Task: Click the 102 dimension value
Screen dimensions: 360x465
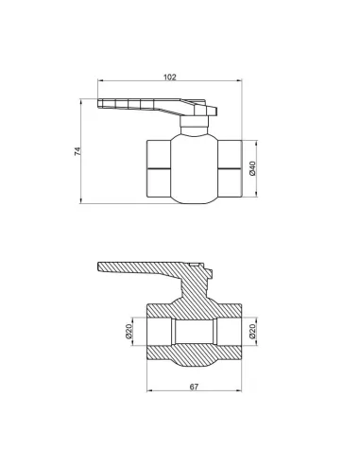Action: (x=170, y=77)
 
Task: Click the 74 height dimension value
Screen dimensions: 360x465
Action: (x=77, y=151)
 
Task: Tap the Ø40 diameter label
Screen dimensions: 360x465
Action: (x=252, y=168)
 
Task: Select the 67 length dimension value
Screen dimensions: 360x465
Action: (x=195, y=387)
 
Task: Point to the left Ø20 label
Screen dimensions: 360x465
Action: (x=129, y=331)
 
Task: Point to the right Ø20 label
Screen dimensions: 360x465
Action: (x=252, y=331)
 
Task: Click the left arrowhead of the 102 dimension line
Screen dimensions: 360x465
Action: (x=100, y=80)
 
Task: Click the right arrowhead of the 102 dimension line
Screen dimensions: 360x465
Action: (x=239, y=80)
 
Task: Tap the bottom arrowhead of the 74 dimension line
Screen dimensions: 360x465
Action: (x=81, y=200)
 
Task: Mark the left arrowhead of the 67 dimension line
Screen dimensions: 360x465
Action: (x=150, y=391)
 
